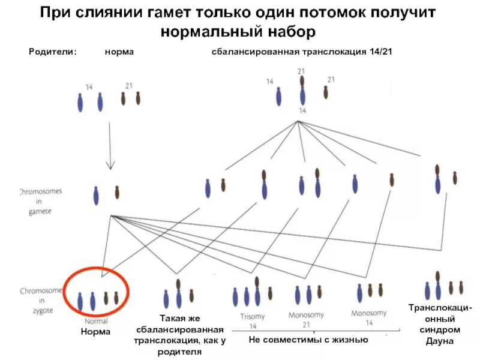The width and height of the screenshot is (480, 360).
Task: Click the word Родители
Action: click(53, 52)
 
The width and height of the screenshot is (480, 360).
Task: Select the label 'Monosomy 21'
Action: click(306, 319)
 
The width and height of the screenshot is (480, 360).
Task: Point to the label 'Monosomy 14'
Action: click(369, 317)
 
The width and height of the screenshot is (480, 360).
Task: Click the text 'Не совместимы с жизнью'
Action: click(308, 340)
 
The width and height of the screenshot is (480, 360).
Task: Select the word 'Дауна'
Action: click(440, 341)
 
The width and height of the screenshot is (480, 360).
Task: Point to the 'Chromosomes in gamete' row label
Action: click(40, 201)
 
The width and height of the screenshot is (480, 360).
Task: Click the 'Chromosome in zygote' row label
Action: click(40, 299)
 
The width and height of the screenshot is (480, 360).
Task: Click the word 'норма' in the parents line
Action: click(119, 52)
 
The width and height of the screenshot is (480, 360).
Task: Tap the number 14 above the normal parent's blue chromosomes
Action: click(89, 87)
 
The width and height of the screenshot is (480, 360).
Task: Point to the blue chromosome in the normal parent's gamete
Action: click(96, 196)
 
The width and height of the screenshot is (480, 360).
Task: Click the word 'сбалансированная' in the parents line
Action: click(254, 52)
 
